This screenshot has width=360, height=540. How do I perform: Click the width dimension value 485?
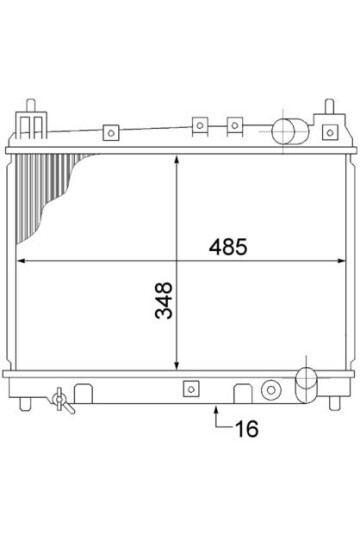coord(228,247)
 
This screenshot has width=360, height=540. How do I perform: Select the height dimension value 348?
coord(164,300)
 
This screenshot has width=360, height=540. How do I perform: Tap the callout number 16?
coord(247,429)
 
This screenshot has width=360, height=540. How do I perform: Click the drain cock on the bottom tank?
coord(62,401)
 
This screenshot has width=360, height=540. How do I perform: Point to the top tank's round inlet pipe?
coord(290,132)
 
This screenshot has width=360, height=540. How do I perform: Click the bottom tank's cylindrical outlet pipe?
coord(306,385)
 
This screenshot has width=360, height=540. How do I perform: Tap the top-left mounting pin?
coord(31,105)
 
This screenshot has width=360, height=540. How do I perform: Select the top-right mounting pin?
coord(329,106)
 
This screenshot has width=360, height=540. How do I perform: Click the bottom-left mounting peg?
coord(25,404)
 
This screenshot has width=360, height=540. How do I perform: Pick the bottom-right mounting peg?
coord(334,403)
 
